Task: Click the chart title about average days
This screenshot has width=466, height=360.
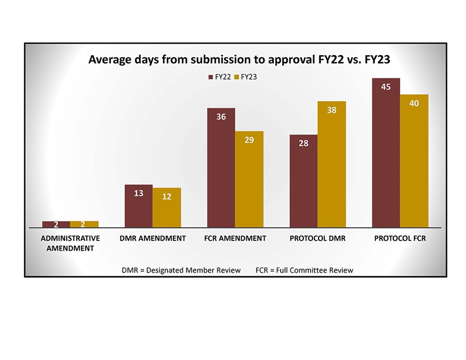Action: tap(239, 59)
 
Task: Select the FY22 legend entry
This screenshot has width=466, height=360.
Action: tap(220, 77)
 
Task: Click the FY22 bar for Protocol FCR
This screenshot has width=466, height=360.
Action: tap(386, 155)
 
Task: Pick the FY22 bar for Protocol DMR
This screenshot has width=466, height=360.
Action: tap(303, 182)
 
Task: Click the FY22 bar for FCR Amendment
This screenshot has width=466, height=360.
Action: tap(221, 169)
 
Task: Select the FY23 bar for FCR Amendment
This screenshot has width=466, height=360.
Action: tap(249, 180)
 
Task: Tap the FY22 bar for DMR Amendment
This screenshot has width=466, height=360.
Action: tap(138, 207)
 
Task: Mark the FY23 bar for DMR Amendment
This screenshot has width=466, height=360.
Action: tap(167, 208)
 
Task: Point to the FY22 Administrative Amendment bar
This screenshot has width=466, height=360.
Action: tap(56, 224)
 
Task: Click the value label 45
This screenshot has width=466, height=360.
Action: tap(386, 87)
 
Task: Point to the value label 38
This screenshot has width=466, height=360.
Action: tap(332, 110)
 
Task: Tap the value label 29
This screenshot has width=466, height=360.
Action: tap(249, 140)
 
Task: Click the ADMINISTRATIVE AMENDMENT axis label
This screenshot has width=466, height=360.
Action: tap(70, 243)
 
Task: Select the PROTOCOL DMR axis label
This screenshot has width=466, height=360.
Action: tap(318, 238)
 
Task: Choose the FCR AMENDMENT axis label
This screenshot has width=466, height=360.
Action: tap(235, 238)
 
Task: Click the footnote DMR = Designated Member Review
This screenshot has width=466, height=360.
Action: tap(181, 270)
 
